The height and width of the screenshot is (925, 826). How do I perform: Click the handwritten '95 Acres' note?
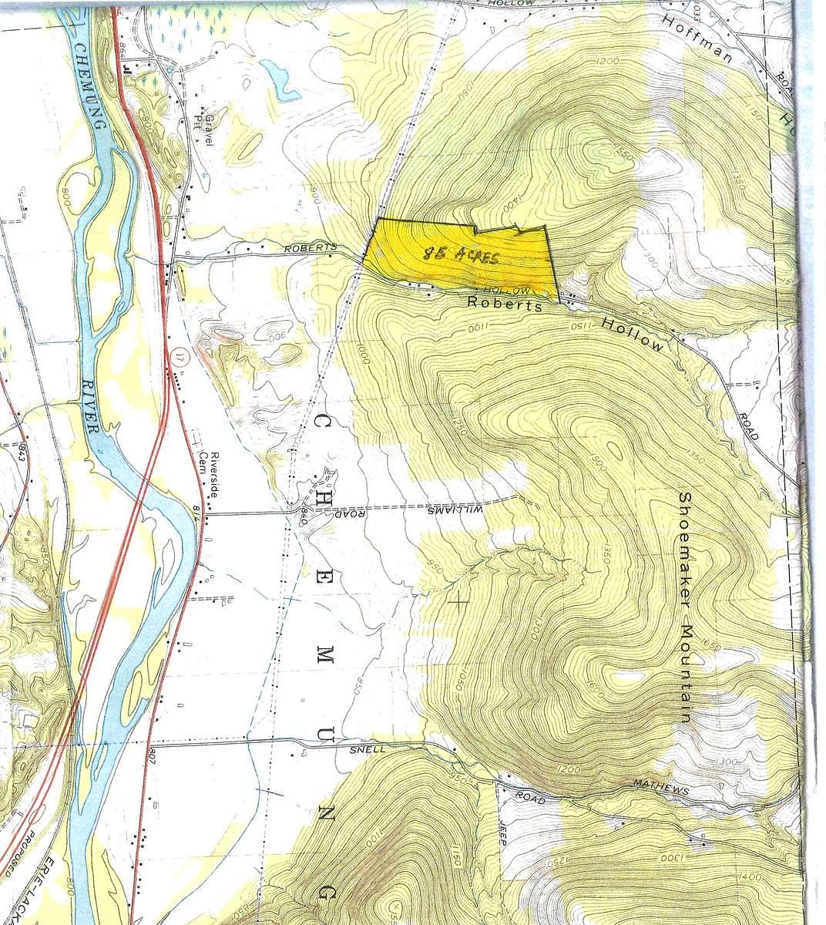460,255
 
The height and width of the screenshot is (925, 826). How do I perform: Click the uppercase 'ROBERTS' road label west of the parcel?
311,247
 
